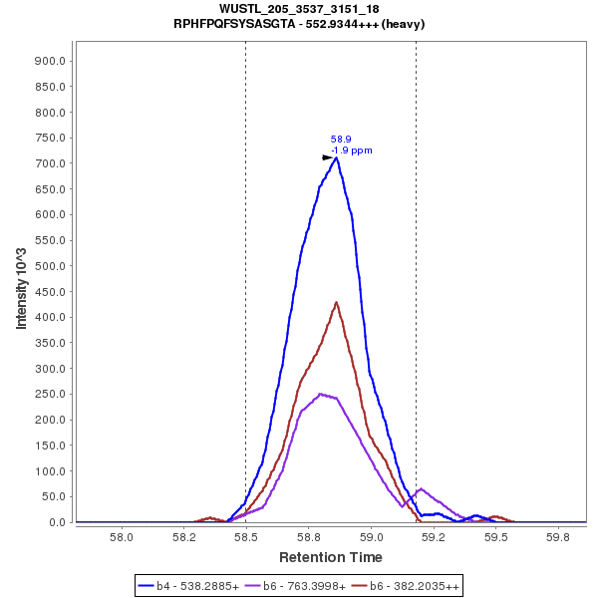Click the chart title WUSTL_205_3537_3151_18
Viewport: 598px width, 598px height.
click(x=299, y=9)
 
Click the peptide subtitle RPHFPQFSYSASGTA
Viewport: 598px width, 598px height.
click(x=299, y=23)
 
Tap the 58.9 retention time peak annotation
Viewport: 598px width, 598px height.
click(x=341, y=140)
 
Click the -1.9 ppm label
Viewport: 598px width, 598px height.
click(x=352, y=150)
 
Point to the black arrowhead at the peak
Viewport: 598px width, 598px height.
click(x=327, y=157)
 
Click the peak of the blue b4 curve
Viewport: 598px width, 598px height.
click(x=337, y=157)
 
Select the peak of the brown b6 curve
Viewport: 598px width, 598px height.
click(x=336, y=302)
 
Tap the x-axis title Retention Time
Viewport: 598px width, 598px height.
click(x=330, y=557)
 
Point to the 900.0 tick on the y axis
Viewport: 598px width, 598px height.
click(x=50, y=61)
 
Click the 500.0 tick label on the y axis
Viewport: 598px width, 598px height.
click(x=50, y=266)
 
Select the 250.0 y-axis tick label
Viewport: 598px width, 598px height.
click(x=50, y=395)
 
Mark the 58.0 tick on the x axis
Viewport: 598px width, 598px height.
click(x=122, y=536)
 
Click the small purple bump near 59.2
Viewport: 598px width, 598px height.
click(x=422, y=489)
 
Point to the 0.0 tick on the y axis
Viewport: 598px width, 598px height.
click(x=57, y=522)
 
